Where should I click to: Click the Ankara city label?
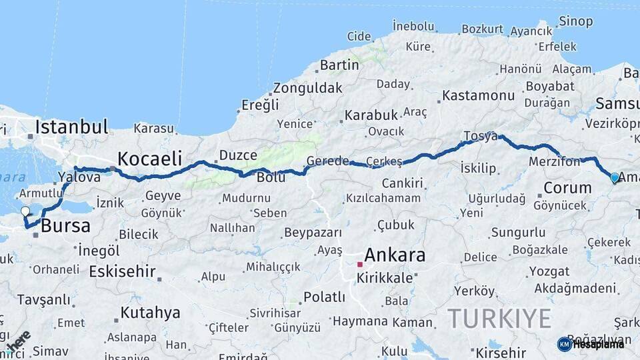click(x=395, y=255)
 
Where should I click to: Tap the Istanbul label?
click(x=71, y=127)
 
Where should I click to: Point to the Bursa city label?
click(x=65, y=226)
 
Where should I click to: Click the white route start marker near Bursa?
click(x=25, y=212)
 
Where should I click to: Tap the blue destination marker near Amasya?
click(x=614, y=178)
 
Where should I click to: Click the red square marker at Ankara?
click(x=360, y=265)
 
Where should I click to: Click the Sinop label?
click(x=575, y=21)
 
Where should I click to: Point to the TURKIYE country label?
click(x=499, y=318)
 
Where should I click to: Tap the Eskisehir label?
click(x=122, y=271)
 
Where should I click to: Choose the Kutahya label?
click(x=150, y=312)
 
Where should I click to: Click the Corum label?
click(x=567, y=187)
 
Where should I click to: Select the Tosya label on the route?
click(x=480, y=136)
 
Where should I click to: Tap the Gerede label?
click(x=327, y=161)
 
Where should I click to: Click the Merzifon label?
click(x=555, y=162)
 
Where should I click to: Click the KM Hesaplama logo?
click(x=591, y=344)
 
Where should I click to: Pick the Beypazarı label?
click(x=313, y=233)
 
